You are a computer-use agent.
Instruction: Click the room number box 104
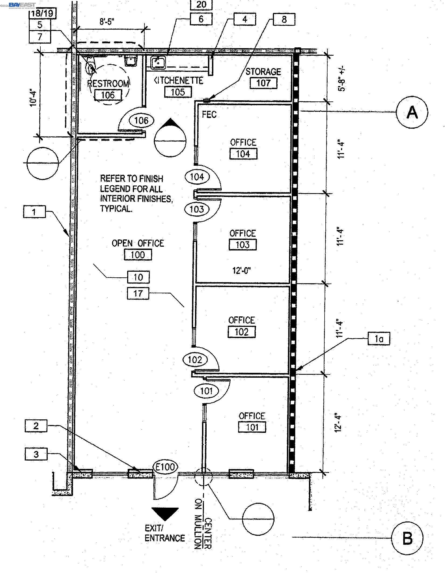(243, 154)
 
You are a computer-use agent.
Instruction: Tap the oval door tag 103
(197, 209)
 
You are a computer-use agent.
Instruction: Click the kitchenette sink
(158, 62)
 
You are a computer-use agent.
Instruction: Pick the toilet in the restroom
(91, 66)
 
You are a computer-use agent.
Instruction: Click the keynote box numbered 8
(284, 19)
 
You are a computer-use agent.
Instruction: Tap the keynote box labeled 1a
(379, 339)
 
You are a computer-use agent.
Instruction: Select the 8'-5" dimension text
(107, 22)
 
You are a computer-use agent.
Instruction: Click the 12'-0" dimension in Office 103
(242, 271)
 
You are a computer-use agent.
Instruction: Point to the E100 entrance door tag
(165, 467)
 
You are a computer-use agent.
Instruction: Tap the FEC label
(209, 115)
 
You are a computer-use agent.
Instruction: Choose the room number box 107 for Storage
(263, 83)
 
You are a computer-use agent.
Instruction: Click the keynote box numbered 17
(138, 293)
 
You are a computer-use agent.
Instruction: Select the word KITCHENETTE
(178, 80)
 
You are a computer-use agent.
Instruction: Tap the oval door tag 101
(206, 391)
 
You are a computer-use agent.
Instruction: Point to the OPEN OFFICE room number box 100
(138, 254)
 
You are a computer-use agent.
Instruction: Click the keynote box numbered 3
(36, 454)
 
